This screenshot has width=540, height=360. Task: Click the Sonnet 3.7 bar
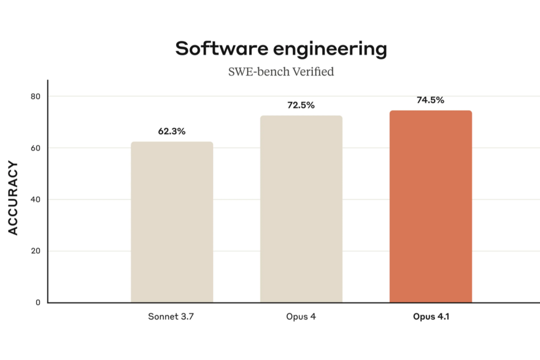[172, 222]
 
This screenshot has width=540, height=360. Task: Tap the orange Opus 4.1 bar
[430, 206]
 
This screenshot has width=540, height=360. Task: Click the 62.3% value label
[172, 132]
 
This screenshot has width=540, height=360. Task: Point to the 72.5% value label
[301, 105]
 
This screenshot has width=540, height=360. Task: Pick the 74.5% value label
[430, 101]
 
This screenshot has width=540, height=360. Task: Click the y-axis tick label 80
[36, 97]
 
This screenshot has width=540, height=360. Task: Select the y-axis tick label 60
[36, 148]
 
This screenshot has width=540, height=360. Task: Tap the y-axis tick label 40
[36, 200]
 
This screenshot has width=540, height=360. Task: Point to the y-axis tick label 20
[36, 251]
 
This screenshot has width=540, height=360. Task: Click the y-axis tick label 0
[38, 303]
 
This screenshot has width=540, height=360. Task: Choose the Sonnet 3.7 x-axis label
[172, 317]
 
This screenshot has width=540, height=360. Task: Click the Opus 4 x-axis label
[301, 317]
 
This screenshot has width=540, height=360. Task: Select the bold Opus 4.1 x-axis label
[431, 317]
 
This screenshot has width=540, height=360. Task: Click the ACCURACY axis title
[13, 199]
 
